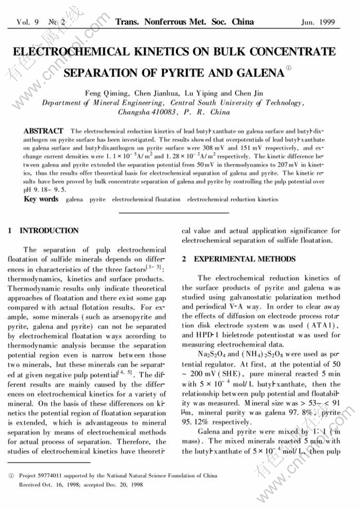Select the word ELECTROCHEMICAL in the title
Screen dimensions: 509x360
71,51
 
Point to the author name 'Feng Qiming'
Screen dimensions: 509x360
108,93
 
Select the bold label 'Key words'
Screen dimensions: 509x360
41,199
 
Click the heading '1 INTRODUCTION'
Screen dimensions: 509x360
43,231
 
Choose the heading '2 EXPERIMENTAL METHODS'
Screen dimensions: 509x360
238,259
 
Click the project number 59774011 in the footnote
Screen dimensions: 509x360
51,476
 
